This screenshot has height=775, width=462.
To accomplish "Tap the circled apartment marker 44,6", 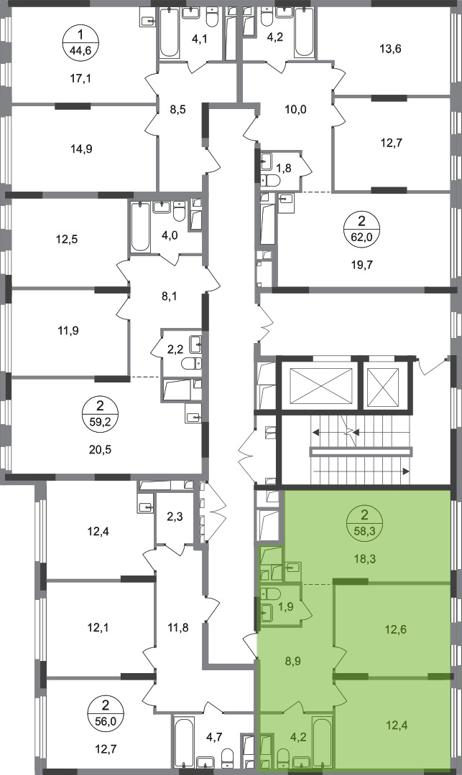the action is click(82, 44).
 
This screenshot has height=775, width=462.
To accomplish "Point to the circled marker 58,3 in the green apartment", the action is click(365, 523).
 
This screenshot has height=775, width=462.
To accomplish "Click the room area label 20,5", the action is click(101, 450).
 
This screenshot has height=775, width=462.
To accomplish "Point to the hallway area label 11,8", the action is click(179, 628).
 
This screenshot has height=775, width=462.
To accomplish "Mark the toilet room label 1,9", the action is click(287, 606).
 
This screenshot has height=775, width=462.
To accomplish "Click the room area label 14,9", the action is click(82, 149).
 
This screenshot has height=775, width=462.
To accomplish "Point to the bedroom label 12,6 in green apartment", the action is click(396, 629).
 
